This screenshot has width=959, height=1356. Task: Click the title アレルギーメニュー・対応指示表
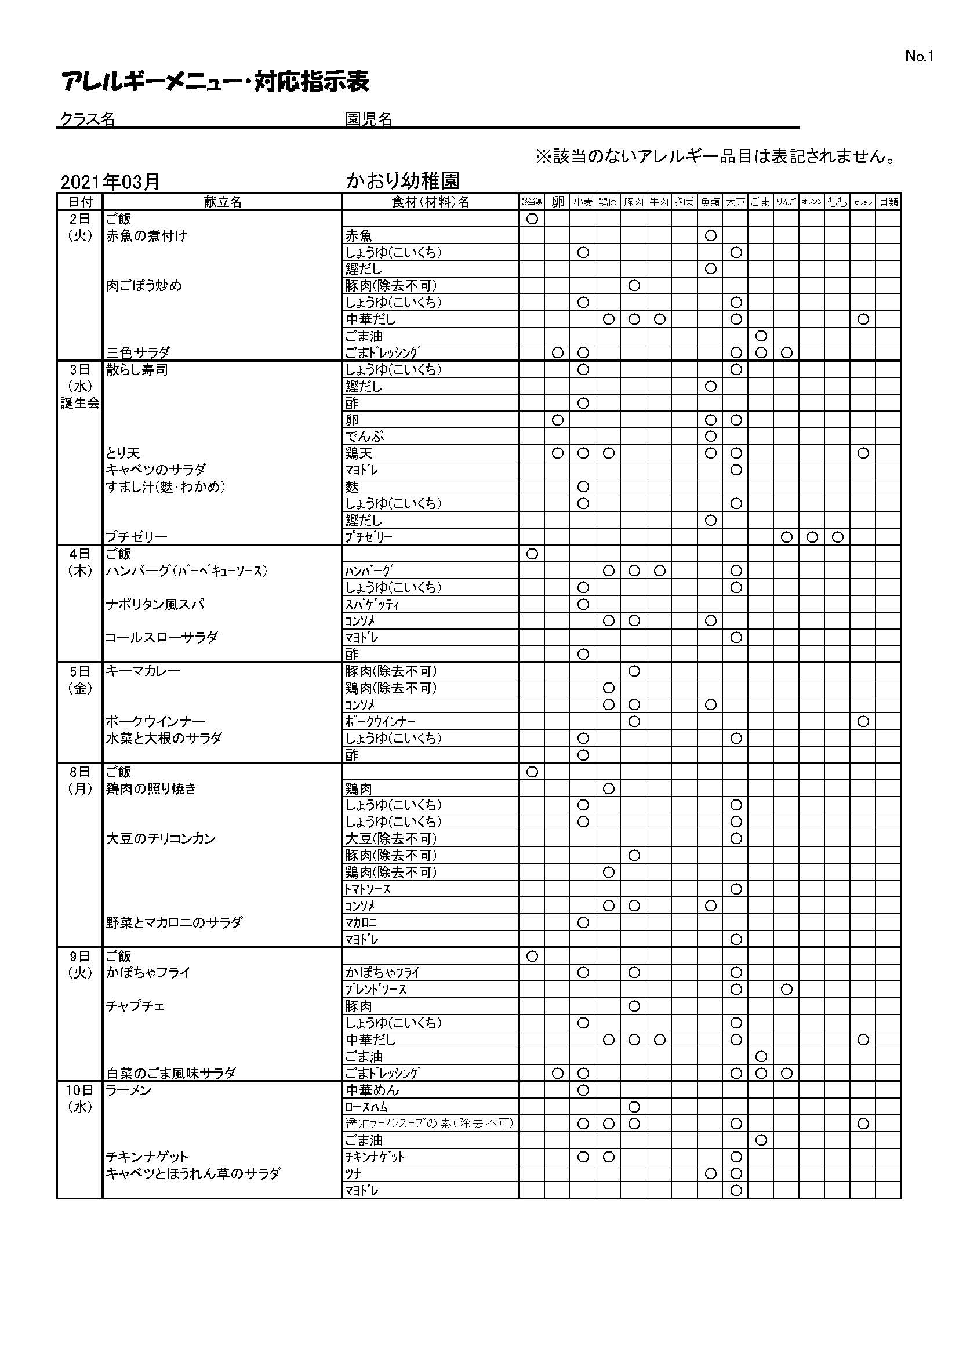coord(216,82)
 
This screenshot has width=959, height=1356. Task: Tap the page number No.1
coord(919,57)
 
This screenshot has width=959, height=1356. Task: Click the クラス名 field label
coord(88,119)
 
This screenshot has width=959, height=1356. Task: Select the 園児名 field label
coord(369,119)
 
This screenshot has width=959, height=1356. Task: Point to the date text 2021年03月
coord(110,182)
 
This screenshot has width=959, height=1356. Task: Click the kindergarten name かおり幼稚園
coord(404,181)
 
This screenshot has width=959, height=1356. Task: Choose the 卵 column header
coord(557,202)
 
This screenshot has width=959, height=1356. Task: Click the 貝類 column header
coord(888,202)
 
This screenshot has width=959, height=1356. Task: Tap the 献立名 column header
coord(223,202)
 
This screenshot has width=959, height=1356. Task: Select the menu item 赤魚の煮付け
coord(147,235)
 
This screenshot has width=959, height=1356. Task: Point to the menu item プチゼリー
coord(136,537)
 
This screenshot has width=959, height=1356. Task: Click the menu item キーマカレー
coord(143,671)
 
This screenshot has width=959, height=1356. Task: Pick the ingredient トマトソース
coord(368,889)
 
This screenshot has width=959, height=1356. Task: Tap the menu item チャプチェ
coord(135,1006)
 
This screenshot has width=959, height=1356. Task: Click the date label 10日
coord(79,1090)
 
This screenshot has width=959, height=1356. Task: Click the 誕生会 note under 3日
coord(79,403)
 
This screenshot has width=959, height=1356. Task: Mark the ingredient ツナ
coord(354,1173)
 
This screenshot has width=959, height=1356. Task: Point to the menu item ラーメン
coord(129,1090)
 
